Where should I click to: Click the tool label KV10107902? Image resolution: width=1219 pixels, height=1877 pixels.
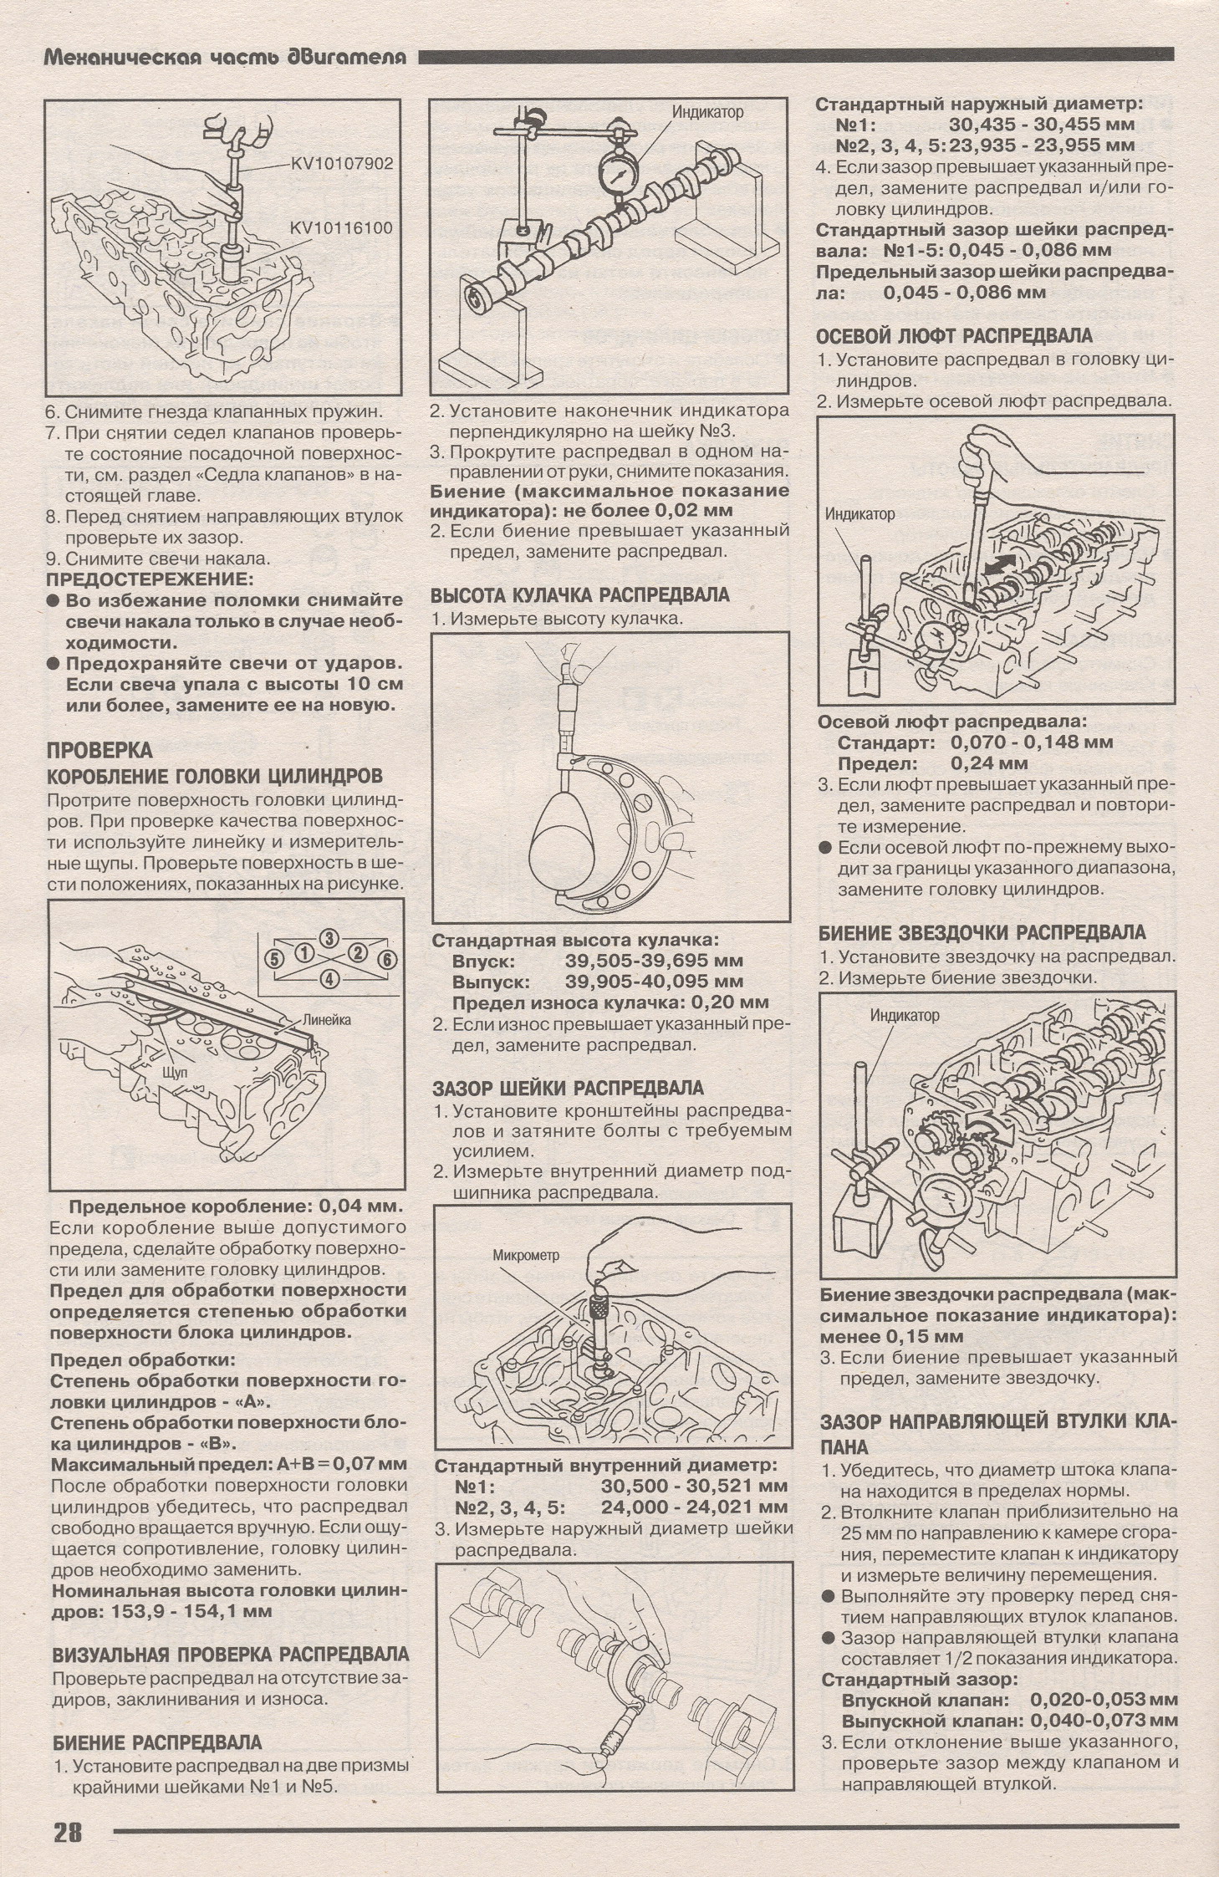341,164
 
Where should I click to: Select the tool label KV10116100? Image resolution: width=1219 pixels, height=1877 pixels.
341,227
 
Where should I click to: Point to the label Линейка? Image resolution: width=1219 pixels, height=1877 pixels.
326,1019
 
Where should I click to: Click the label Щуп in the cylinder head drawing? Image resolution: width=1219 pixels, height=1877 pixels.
176,1071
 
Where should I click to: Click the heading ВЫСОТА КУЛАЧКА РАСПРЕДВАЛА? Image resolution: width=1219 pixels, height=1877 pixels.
580,595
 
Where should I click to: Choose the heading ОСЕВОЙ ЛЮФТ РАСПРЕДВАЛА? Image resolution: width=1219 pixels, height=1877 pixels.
955,336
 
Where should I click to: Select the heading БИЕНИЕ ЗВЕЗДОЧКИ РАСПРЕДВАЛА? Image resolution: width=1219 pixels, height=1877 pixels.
982,933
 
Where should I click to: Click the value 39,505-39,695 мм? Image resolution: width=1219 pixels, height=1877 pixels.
654,961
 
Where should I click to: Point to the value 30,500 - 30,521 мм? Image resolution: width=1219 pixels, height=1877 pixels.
694,1487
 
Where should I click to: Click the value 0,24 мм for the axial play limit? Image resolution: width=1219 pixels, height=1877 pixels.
989,763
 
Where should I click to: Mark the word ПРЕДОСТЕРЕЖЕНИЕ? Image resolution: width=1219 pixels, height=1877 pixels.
148,579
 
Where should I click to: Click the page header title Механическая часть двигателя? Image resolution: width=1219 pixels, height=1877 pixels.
224,57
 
